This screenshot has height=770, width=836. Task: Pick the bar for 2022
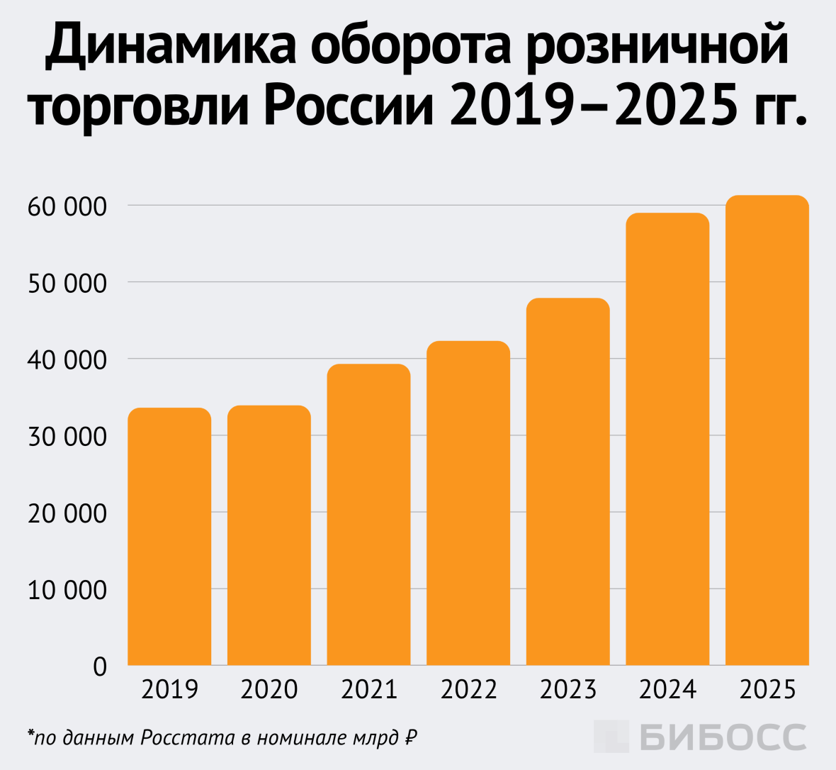coord(468,503)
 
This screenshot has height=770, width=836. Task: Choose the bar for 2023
coord(567,482)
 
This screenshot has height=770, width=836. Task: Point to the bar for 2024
coord(667,440)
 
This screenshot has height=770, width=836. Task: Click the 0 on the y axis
coord(100,666)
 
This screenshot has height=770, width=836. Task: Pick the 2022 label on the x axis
coord(468,689)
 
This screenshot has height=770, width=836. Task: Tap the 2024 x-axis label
coord(667,689)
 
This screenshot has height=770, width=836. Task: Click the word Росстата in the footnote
coord(187,738)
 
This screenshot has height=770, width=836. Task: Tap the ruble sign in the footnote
coord(409,738)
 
